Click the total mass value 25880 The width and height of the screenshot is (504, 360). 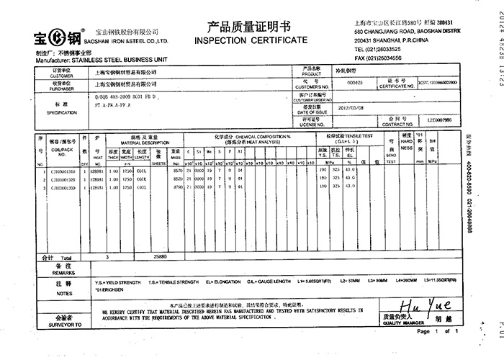pos(160,256)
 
